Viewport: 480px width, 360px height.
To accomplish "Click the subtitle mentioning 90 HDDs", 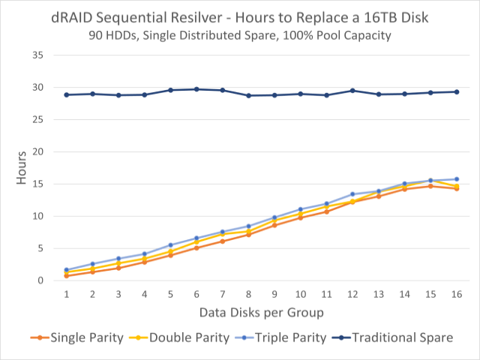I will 240,36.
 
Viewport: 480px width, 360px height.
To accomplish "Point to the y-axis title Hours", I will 22,167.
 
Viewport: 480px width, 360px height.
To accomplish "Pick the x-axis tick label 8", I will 248,295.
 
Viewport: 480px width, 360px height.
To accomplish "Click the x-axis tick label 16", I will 456,295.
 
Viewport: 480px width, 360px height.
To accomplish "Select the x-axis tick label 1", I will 67,295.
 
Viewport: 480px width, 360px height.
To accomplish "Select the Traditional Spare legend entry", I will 395,337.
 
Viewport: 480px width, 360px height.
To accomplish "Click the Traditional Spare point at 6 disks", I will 196,89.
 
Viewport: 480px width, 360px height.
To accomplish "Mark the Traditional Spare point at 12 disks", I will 352,91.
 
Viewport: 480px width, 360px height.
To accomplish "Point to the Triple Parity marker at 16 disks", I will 456,179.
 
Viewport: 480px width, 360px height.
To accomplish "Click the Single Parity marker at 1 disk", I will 67,276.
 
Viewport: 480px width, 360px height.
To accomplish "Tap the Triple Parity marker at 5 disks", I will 170,245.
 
